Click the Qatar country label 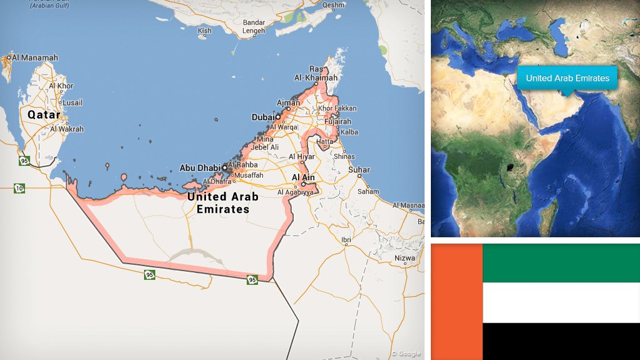point(43,115)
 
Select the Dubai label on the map point(262,117)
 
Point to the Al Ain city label point(302,177)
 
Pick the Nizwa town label point(405,258)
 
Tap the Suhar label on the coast point(359,170)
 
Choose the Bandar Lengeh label point(254,26)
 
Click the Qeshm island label point(333,5)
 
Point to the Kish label point(205,31)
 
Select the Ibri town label point(346,240)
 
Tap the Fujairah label point(338,121)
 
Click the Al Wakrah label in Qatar point(66,129)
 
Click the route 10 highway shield point(19,187)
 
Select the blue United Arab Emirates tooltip point(567,78)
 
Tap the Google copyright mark point(406,354)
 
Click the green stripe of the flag point(560,263)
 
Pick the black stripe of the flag point(560,341)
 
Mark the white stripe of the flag point(560,302)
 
